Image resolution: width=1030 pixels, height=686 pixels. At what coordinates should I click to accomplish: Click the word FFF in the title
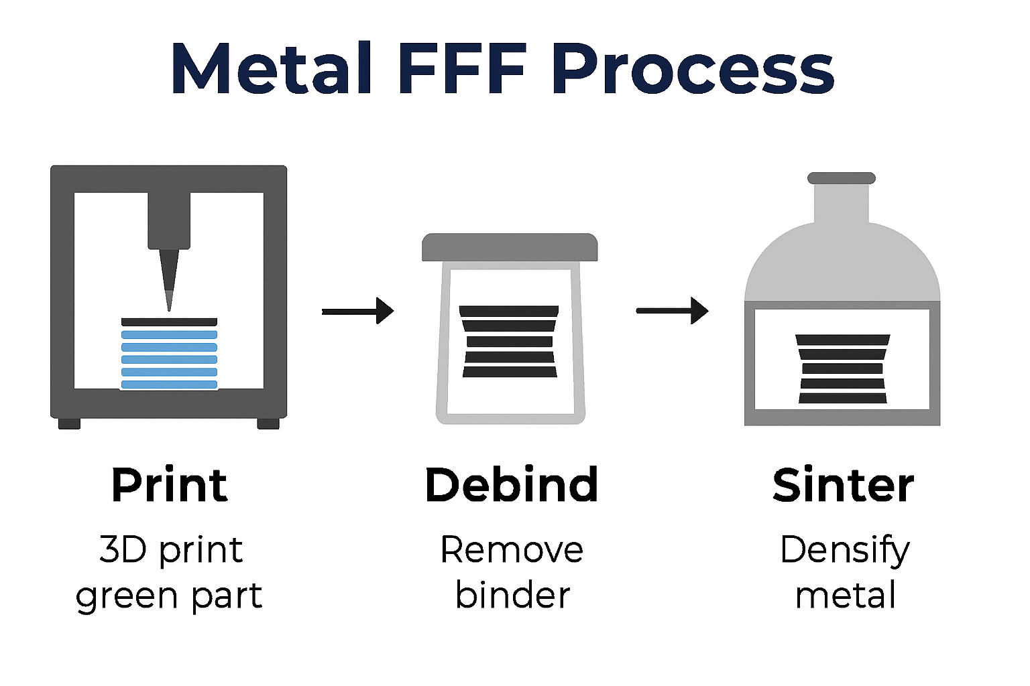462,68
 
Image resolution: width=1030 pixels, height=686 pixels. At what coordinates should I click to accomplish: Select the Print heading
169,485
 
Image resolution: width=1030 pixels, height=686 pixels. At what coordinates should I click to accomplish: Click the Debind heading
512,484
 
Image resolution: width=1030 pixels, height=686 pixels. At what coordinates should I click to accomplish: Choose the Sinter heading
843,485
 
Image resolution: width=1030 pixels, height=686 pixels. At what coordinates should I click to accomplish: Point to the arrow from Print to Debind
357,312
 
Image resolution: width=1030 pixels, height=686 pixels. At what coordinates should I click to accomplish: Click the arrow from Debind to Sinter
673,311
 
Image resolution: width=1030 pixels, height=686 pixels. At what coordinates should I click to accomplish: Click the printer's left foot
70,423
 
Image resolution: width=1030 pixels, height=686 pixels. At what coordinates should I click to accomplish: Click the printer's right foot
268,423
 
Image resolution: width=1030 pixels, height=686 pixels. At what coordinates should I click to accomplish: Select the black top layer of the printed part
169,322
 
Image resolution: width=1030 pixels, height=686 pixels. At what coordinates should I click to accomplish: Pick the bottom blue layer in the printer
169,385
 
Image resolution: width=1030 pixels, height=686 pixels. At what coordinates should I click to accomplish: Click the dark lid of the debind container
510,247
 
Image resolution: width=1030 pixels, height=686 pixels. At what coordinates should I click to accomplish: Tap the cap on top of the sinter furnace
842,178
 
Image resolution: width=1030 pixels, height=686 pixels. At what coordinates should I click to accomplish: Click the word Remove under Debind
512,550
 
